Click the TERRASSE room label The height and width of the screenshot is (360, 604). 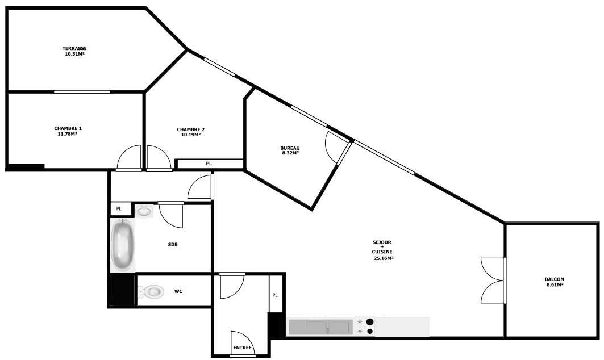75,48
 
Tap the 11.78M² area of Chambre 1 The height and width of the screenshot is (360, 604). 68,134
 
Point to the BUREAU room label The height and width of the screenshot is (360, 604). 290,148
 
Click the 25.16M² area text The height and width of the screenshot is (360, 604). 384,258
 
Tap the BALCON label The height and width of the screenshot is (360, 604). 555,279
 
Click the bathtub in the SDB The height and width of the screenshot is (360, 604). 123,245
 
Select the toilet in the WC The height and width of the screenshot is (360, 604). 151,291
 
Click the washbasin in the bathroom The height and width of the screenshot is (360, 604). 144,211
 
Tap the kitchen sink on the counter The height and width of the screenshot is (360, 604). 321,327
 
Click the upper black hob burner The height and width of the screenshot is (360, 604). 370,322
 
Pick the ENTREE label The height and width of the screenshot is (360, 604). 242,348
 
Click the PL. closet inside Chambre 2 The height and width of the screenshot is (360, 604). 209,164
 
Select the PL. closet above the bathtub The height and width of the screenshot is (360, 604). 119,209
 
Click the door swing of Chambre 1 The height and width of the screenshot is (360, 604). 130,157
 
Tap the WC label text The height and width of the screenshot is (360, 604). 178,291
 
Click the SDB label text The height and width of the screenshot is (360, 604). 173,245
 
